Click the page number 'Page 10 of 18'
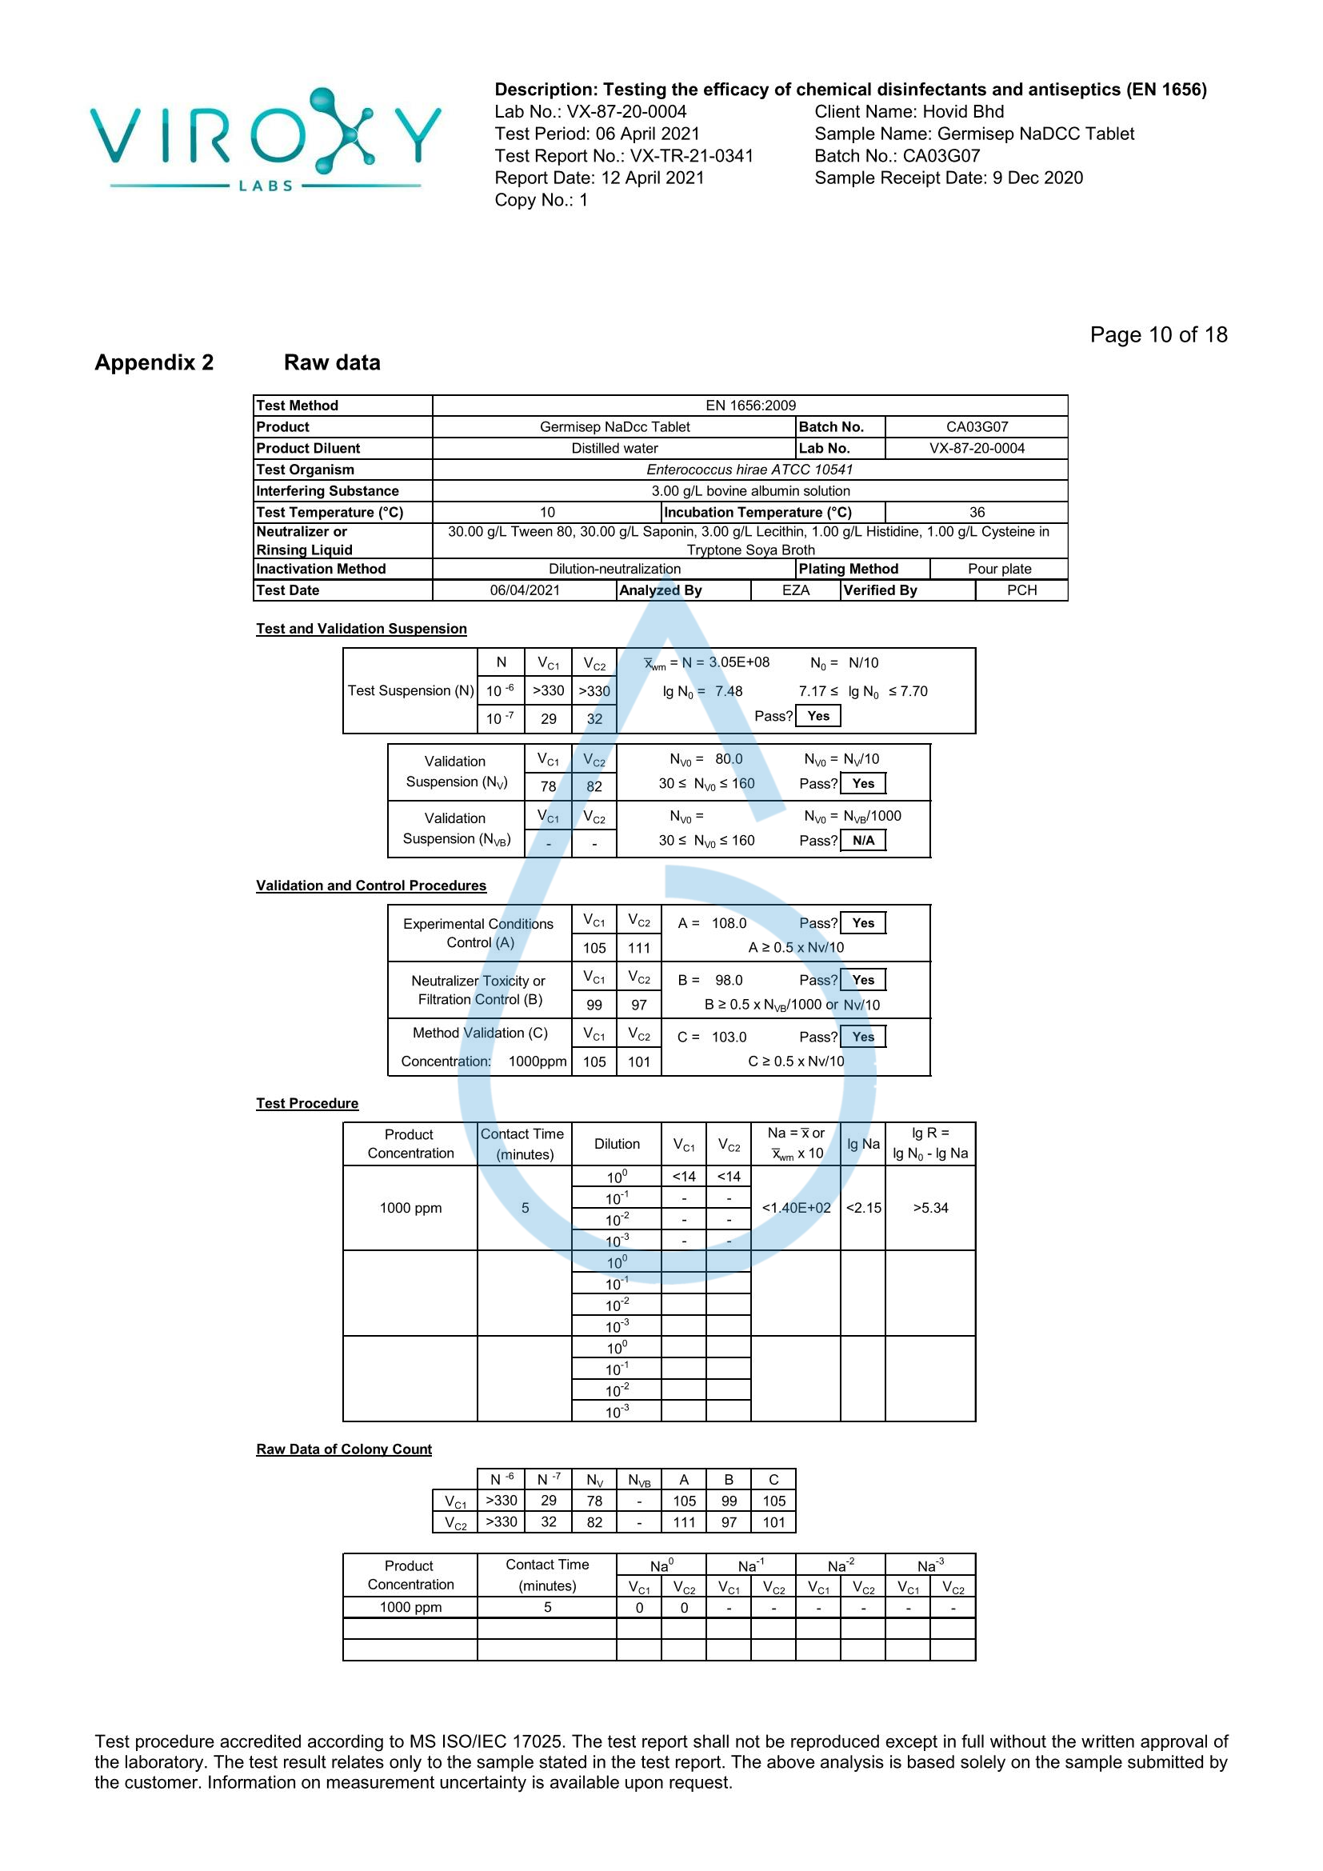coord(1157,335)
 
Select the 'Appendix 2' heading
coord(154,362)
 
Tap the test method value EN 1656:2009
coord(750,405)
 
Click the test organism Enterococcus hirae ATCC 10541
coord(749,470)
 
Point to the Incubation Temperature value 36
coord(977,512)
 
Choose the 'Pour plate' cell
coord(999,569)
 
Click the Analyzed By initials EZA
coord(795,590)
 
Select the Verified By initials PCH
coord(1021,590)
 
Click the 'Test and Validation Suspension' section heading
coord(361,628)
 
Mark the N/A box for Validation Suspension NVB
coord(863,840)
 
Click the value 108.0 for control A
coord(729,923)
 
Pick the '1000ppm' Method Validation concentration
coord(537,1061)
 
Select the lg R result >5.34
coord(930,1208)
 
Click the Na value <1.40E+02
coord(796,1208)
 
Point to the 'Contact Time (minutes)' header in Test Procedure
coord(524,1144)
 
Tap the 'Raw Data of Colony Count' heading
coord(344,1449)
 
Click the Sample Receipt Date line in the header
coord(949,178)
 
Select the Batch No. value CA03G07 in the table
coord(977,426)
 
